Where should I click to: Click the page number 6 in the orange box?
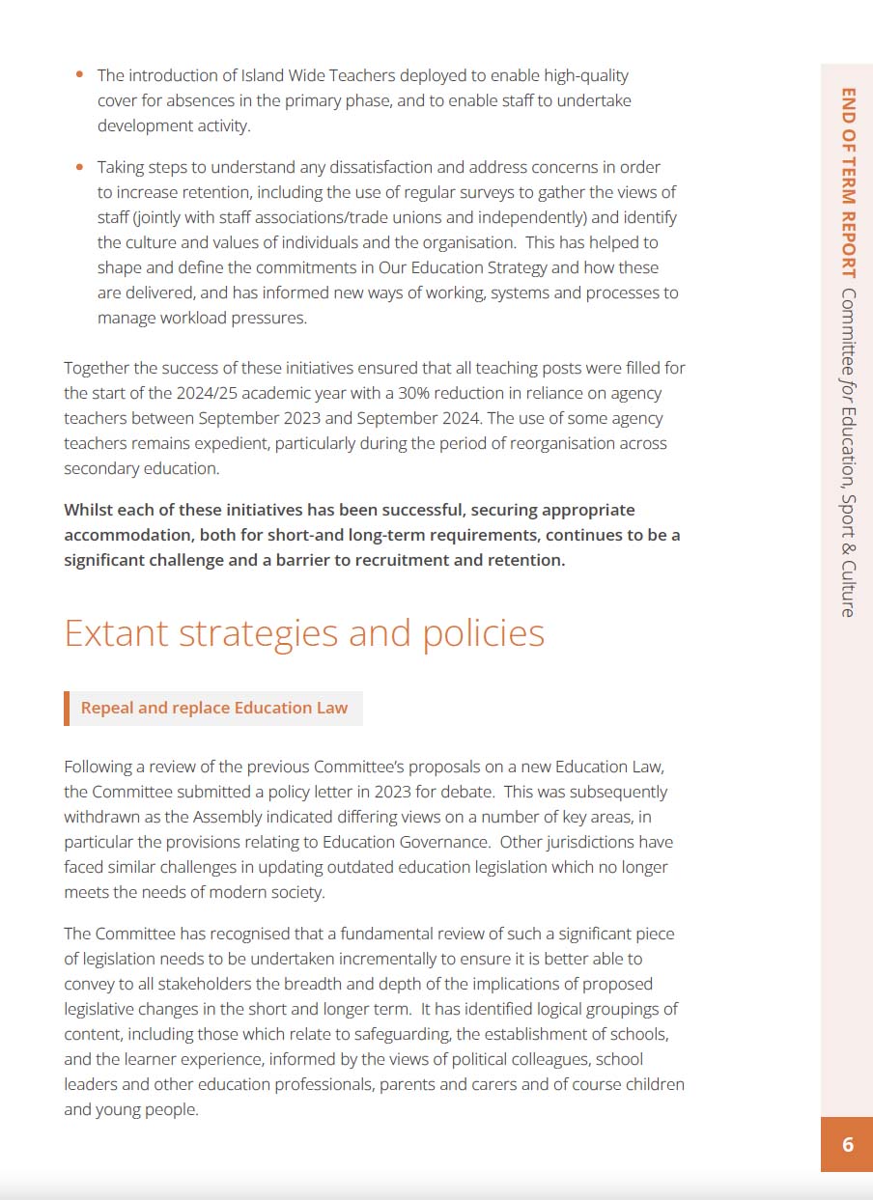847,1145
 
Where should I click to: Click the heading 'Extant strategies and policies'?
304,633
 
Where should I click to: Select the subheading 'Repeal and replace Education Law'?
214,708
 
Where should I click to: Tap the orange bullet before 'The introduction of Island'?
79,74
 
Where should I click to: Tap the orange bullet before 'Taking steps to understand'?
79,167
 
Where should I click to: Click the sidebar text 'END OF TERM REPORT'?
847,182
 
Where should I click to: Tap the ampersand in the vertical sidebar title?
847,544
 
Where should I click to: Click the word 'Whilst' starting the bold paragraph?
88,510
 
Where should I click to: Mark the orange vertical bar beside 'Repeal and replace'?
67,708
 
